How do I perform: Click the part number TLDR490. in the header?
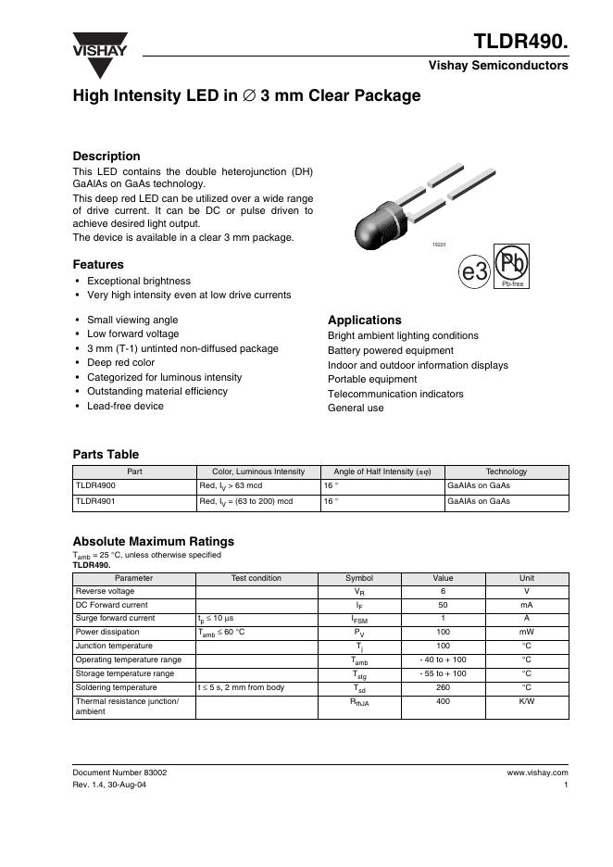[521, 43]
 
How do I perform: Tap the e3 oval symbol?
[474, 271]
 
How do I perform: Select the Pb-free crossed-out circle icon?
[512, 266]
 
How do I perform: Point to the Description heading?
[106, 157]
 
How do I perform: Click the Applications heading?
[365, 320]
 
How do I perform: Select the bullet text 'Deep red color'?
[120, 363]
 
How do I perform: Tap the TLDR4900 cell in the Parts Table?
[95, 485]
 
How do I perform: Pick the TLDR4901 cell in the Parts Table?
[95, 501]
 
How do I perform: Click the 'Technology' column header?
[506, 471]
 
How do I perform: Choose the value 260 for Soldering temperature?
[443, 687]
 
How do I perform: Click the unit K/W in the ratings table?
[526, 701]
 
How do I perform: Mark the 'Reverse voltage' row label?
[105, 591]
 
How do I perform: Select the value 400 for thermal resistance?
[443, 701]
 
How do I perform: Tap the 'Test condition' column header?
[256, 578]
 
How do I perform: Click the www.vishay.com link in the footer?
[537, 772]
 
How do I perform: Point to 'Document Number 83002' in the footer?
[120, 772]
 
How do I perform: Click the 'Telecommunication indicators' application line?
[395, 394]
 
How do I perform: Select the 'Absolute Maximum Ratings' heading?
[153, 541]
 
